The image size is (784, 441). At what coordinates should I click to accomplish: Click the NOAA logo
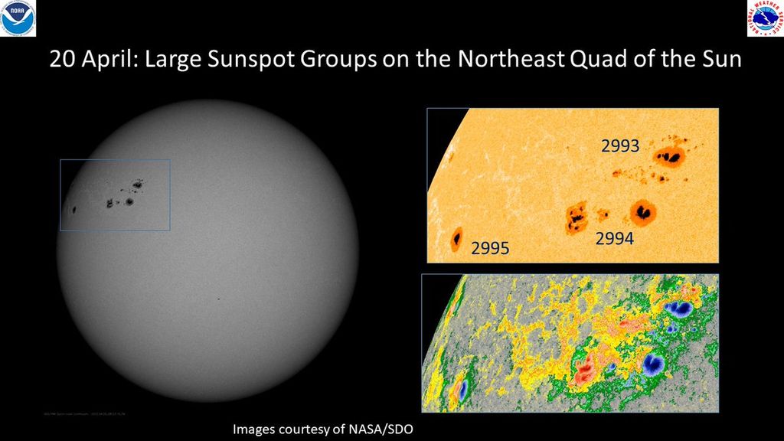pos(18,18)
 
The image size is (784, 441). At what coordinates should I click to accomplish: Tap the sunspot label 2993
pos(619,145)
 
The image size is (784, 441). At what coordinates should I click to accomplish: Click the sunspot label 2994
pos(615,239)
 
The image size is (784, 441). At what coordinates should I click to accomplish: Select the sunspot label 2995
pos(491,247)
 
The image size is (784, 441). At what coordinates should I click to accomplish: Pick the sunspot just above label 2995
pos(457,238)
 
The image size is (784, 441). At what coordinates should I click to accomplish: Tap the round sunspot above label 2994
pos(643,211)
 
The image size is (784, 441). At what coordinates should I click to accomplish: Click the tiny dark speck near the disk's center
pos(218,299)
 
